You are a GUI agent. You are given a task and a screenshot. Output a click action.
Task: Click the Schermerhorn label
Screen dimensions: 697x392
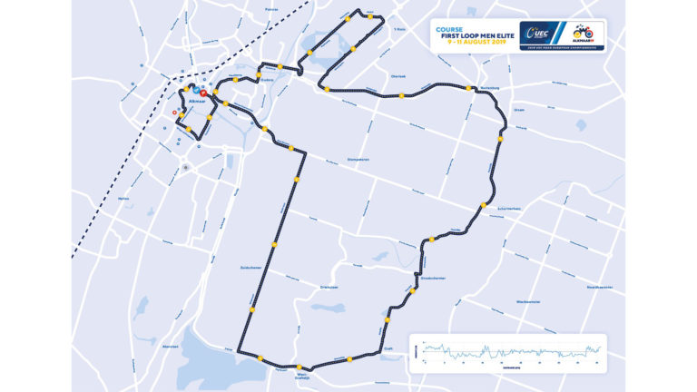point(508,209)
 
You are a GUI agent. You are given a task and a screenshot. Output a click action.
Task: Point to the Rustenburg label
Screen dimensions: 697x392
point(479,89)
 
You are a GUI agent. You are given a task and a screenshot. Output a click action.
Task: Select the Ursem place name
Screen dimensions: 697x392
point(520,109)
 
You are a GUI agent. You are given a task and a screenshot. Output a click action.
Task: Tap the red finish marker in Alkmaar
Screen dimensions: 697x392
point(203,93)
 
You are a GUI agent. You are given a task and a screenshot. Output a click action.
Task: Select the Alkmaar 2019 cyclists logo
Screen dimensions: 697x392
point(582,34)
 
